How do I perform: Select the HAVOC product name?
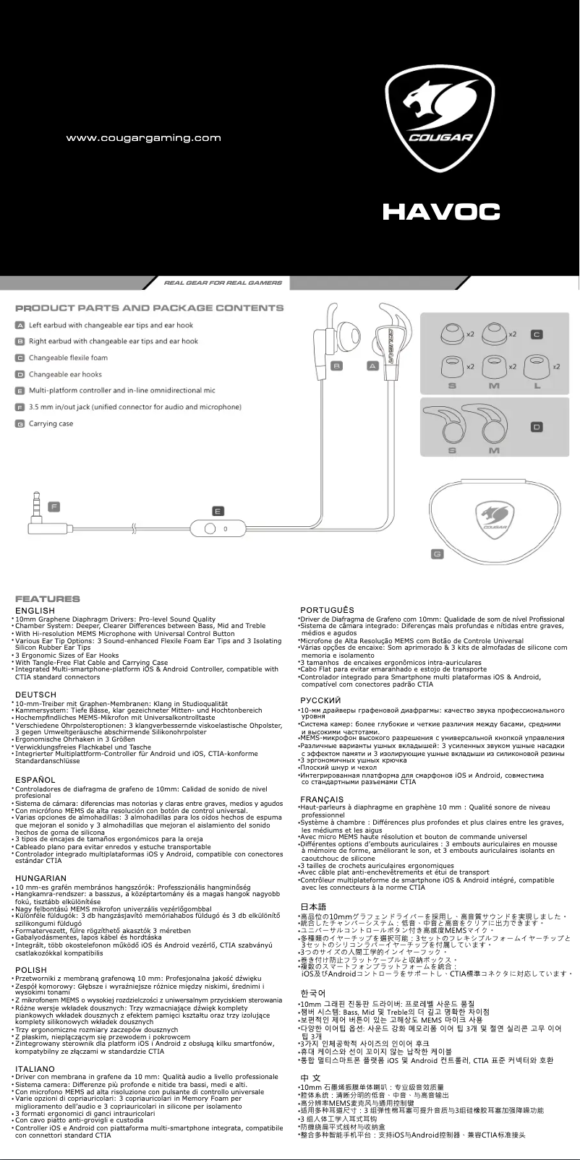pos(441,212)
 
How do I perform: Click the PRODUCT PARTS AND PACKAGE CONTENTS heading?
pos(150,309)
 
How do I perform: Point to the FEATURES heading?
pos(48,598)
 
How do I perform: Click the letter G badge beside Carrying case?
pos(21,424)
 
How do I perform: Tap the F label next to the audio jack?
pos(54,505)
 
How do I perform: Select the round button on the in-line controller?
pos(210,528)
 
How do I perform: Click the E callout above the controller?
pos(218,511)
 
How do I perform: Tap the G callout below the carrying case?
pos(437,554)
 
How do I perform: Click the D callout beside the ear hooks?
pos(537,427)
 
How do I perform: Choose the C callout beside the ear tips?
pos(537,335)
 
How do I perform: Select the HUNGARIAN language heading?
pos(41,879)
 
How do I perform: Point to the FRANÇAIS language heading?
pos(322,799)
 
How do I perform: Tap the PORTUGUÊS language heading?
pos(327,611)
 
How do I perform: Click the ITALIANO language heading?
pos(35,1069)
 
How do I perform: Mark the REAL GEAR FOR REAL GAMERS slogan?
pos(223,283)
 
